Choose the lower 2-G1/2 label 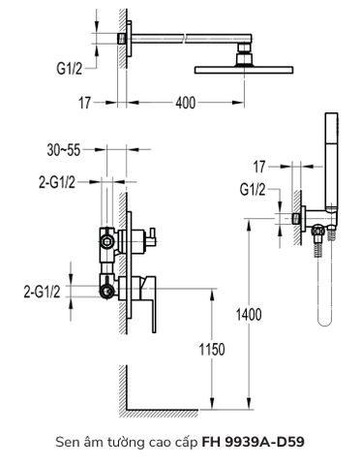point(45,290)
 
